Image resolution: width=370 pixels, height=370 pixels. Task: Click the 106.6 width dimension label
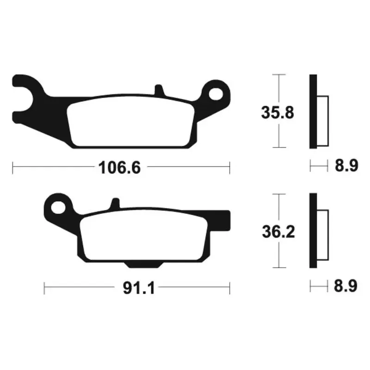pos(119,168)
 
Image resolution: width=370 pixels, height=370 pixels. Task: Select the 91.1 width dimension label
pos(139,288)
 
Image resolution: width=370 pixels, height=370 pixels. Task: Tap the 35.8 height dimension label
pos(277,112)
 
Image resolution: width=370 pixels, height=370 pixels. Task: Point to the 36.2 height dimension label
pos(278,232)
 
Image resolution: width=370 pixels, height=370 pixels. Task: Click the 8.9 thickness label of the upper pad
pos(346,166)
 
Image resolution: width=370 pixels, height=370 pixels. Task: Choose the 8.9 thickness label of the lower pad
pos(345,286)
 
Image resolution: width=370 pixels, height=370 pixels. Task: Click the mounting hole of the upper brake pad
pos(216,94)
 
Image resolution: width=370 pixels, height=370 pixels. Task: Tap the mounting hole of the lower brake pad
pos(58,207)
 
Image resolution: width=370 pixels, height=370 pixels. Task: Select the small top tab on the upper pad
pos(159,90)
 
